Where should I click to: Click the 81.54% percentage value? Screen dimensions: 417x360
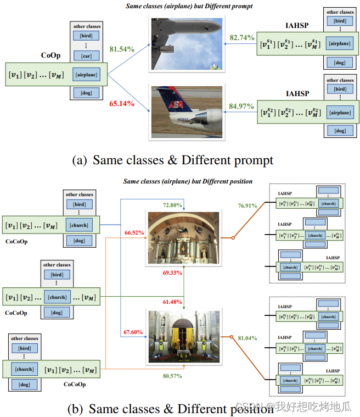pyautogui.click(x=122, y=48)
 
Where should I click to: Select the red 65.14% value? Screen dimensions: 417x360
pyautogui.click(x=121, y=103)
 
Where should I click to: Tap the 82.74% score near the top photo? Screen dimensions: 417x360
pyautogui.click(x=242, y=37)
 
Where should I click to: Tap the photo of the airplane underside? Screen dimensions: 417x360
pyautogui.click(x=186, y=45)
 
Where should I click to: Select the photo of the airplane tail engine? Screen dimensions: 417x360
pyautogui.click(x=186, y=112)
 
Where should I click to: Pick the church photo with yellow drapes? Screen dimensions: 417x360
pyautogui.click(x=183, y=336)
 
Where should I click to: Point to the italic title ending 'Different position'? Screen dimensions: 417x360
pyautogui.click(x=188, y=181)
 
